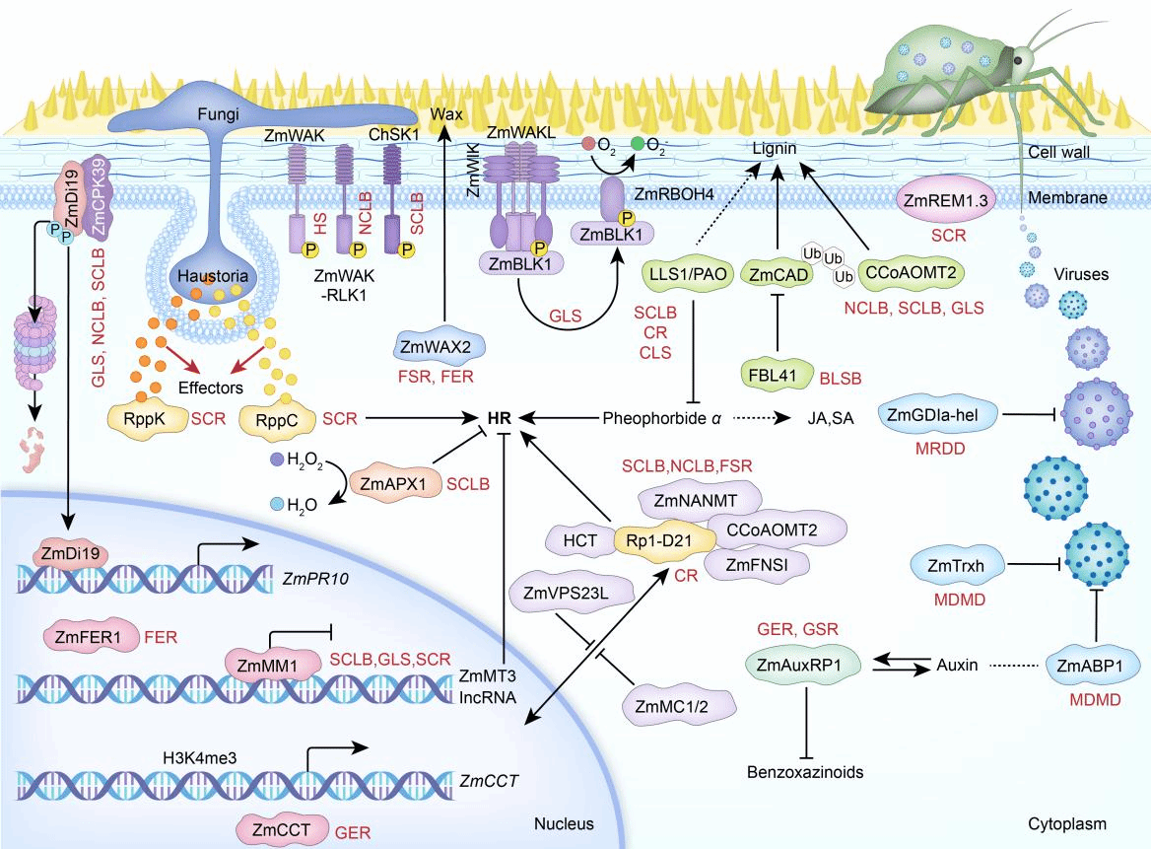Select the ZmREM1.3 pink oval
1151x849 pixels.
tap(943, 200)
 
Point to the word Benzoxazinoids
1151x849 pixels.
tap(804, 772)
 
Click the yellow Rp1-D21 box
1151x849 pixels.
tap(651, 539)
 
